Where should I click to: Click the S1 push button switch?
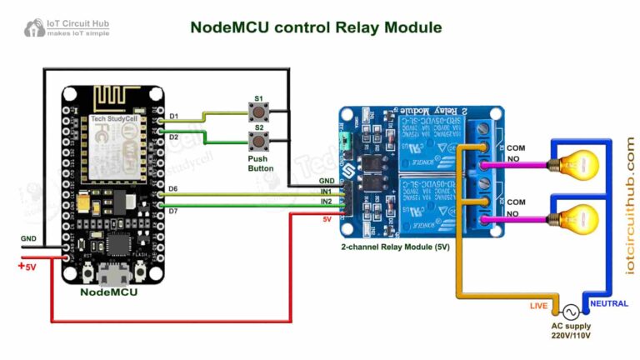click(259, 111)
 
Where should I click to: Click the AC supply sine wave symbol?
click(572, 308)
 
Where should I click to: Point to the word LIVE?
click(540, 306)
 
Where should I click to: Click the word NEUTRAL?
click(609, 303)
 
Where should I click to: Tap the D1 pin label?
click(174, 116)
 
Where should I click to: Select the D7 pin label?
click(174, 210)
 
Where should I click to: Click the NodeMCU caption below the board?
click(108, 293)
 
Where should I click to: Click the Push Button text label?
click(260, 162)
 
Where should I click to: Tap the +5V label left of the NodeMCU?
click(27, 267)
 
